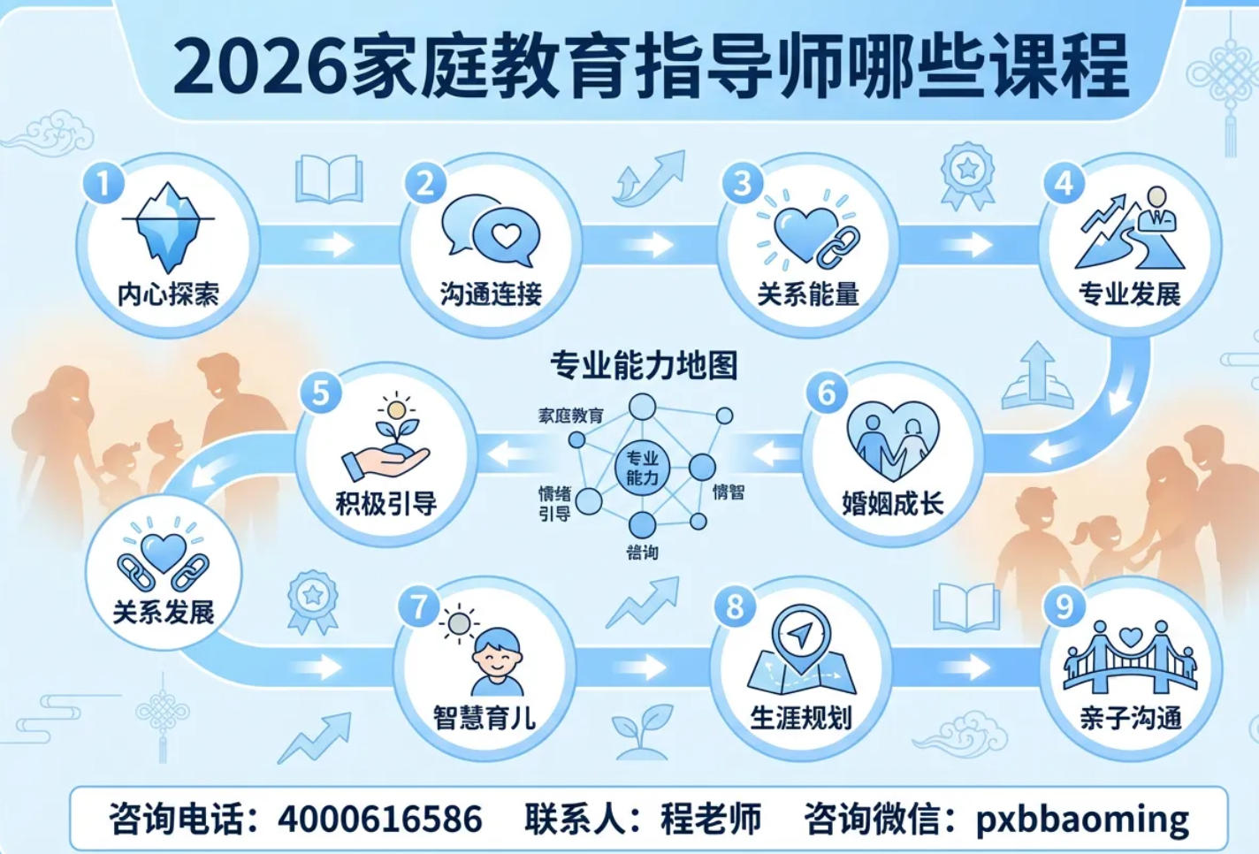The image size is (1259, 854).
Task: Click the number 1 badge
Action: coord(103,183)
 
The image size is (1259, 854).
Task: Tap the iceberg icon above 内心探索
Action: coord(168,226)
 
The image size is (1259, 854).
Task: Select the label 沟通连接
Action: coord(491,294)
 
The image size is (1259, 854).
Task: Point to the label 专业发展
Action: coord(1129,294)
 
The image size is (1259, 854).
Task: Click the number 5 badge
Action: coord(321,392)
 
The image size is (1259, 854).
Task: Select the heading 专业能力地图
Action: coord(644,364)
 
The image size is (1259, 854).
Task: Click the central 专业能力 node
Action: coord(642,469)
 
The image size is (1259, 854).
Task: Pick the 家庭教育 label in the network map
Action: coord(570,416)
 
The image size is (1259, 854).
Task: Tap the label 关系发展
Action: coord(164,612)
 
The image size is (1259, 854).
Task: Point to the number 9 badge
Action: coord(1064,606)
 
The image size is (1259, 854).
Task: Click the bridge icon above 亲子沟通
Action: coord(1130,657)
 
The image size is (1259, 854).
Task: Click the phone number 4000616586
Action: coord(380,819)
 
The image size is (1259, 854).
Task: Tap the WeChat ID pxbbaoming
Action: coord(1082,819)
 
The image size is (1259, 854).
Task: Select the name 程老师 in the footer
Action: coord(711,819)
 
